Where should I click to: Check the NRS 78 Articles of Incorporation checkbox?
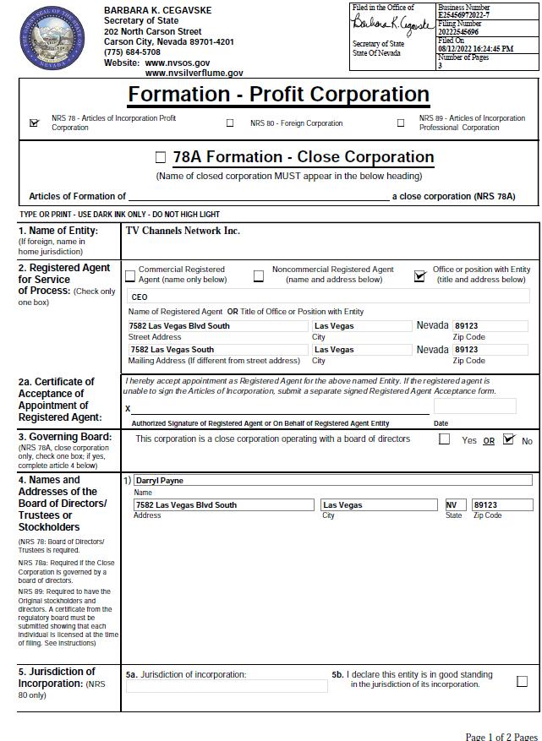35,123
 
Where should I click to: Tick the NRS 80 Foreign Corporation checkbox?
230,123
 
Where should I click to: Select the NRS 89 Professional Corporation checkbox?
401,123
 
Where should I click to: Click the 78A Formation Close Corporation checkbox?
161,157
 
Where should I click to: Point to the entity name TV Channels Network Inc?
183,231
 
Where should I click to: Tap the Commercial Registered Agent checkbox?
130,275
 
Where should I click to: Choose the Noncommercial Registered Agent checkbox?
259,275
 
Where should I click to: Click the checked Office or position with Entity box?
419,275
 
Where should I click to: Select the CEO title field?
328,297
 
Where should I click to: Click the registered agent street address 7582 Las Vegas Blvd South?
217,326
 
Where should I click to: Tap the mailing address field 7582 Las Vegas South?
217,350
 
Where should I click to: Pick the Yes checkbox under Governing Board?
445,439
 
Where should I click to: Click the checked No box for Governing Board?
508,439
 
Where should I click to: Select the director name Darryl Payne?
332,481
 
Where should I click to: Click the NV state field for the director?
455,505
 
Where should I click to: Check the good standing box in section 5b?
522,681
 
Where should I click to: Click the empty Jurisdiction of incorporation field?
226,686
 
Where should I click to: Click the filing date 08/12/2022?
457,49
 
